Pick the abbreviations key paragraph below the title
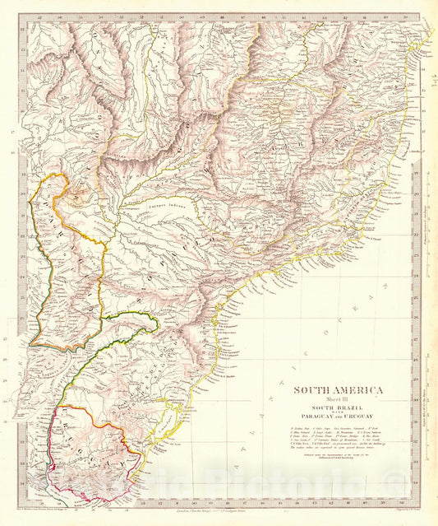coord(336,441)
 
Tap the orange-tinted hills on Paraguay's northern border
coord(81,195)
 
